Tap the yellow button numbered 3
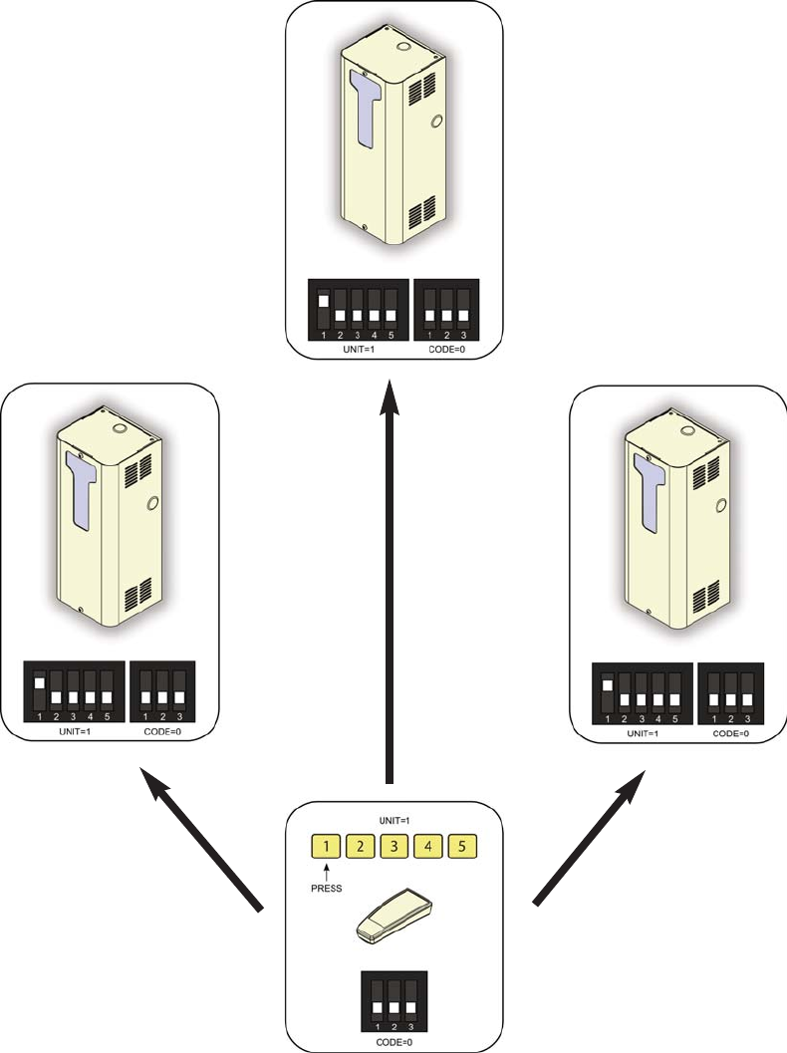click(394, 848)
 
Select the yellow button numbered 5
click(463, 848)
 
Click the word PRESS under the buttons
click(327, 887)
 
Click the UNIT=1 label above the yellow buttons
click(394, 821)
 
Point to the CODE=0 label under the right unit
click(730, 732)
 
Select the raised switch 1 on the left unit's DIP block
click(39, 684)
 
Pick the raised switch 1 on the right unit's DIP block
click(607, 686)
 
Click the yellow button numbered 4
click(429, 848)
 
